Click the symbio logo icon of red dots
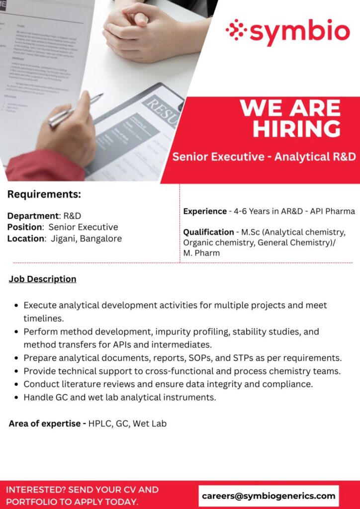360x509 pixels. [236, 30]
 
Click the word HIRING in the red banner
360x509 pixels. [297, 128]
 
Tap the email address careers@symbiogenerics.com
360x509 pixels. [269, 496]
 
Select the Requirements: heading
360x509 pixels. [44, 194]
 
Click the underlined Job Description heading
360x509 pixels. [43, 279]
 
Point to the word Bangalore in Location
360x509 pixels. [101, 239]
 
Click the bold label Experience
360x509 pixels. [205, 211]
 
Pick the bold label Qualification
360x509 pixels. [208, 232]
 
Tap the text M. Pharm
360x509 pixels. [201, 253]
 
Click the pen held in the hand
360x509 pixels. [75, 111]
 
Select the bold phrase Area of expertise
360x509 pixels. [45, 424]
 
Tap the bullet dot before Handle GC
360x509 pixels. [18, 397]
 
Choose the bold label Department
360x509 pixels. [33, 216]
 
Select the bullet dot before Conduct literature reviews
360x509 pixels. [18, 384]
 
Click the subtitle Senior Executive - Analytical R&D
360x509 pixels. [264, 157]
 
